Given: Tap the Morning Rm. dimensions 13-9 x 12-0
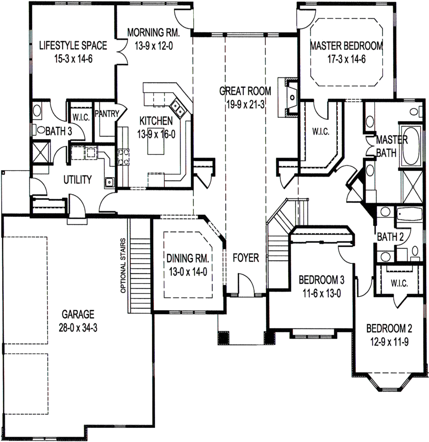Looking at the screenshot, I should point(151,45).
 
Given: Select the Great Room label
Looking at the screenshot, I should point(245,91).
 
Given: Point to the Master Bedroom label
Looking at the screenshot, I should point(346,46).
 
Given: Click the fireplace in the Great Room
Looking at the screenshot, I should point(289,97).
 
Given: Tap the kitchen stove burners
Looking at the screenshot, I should point(123,156).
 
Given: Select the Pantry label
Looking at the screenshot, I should point(106,114).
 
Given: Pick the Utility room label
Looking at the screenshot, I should point(77,180).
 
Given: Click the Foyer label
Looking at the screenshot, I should point(246,258).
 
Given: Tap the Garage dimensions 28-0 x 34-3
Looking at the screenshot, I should point(78,328).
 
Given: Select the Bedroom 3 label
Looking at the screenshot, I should point(321,280).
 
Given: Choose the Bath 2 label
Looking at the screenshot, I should point(387,237).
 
